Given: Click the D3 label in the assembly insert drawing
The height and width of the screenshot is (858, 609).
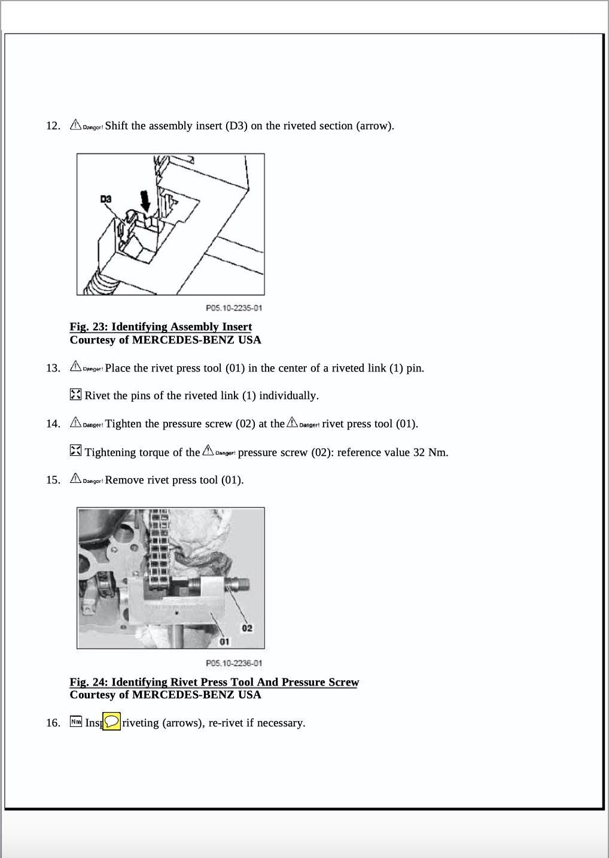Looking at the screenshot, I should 106,199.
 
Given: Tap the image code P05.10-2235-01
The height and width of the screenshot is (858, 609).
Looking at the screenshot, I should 234,308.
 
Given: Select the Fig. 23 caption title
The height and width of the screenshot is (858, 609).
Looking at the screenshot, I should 160,327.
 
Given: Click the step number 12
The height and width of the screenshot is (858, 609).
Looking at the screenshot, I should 53,126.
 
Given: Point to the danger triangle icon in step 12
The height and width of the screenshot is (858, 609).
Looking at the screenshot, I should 75,124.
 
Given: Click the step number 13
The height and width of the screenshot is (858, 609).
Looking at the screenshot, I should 53,368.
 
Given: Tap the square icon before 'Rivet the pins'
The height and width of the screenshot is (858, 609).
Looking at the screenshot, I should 75,395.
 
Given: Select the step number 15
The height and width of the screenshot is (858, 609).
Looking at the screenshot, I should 53,480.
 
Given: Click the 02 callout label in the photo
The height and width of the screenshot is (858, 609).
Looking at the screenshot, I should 246,628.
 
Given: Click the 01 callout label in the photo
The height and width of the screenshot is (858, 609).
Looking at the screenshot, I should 224,641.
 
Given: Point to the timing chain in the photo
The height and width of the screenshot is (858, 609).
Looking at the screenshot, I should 159,550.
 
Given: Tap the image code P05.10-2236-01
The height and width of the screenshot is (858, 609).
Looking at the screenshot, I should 234,663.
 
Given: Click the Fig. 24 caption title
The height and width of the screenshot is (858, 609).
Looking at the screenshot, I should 214,682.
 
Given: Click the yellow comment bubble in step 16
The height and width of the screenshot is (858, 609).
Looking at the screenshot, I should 111,722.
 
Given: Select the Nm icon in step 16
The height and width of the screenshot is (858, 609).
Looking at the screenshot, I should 75,722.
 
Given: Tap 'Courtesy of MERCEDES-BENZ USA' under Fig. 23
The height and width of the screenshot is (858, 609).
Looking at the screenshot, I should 165,340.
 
